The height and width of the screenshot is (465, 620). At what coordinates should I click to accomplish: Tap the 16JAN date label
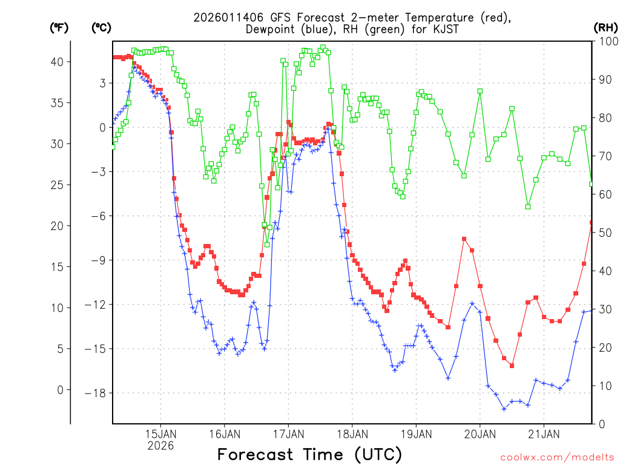(x=224, y=434)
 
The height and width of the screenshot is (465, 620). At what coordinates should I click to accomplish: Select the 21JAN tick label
(x=544, y=434)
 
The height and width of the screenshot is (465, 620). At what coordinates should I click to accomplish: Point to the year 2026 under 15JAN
(x=160, y=446)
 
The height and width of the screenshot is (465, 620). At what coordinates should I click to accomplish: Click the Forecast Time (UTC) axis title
(x=309, y=454)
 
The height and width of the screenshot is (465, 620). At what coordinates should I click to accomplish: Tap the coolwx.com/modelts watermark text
(x=556, y=457)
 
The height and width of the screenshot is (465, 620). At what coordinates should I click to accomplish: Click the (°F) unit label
(x=59, y=27)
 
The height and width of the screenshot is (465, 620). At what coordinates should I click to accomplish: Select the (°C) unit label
(x=101, y=27)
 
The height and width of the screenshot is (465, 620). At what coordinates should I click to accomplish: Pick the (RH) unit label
(x=605, y=27)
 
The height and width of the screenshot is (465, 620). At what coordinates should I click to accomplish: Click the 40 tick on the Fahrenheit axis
(x=59, y=62)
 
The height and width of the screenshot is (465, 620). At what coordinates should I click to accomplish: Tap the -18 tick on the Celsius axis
(x=97, y=393)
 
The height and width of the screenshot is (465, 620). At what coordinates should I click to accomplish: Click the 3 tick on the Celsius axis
(x=103, y=83)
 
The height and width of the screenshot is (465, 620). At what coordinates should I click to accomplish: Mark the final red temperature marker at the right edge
(x=592, y=223)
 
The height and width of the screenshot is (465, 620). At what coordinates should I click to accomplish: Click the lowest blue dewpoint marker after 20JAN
(x=504, y=409)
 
